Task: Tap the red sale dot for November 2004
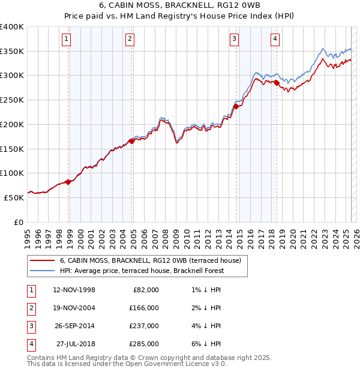click(x=132, y=141)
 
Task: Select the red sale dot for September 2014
click(x=236, y=106)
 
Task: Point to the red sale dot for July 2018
click(x=277, y=83)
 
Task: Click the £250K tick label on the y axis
click(x=12, y=100)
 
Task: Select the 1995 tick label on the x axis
click(x=28, y=236)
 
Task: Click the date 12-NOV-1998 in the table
click(x=74, y=290)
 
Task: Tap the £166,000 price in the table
click(x=144, y=308)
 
